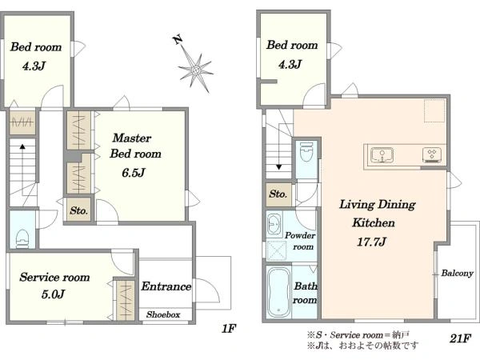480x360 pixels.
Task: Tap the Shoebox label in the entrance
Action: click(x=163, y=314)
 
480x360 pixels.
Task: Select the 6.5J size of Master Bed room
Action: click(x=134, y=173)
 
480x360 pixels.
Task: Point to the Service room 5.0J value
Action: click(x=54, y=294)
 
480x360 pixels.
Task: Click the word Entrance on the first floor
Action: click(x=166, y=286)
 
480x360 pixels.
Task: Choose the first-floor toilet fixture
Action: click(x=22, y=238)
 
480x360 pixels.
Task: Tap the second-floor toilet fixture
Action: click(x=306, y=151)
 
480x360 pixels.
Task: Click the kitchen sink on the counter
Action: click(x=382, y=155)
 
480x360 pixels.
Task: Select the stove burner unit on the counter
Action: click(x=432, y=155)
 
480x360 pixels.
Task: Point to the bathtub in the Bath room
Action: click(x=278, y=293)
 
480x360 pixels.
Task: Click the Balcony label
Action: click(x=457, y=273)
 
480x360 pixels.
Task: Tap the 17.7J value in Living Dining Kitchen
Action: click(x=371, y=242)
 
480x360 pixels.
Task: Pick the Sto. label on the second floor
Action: click(x=278, y=194)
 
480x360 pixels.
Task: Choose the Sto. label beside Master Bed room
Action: click(x=78, y=210)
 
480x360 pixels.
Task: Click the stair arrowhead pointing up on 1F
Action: click(x=22, y=146)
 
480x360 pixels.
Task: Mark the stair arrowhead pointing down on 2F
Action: click(x=279, y=167)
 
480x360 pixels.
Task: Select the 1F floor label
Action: click(x=229, y=329)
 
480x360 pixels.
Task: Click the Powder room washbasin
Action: click(x=274, y=224)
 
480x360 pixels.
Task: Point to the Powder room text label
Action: click(x=299, y=241)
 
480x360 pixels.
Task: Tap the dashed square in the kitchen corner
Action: click(x=434, y=110)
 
